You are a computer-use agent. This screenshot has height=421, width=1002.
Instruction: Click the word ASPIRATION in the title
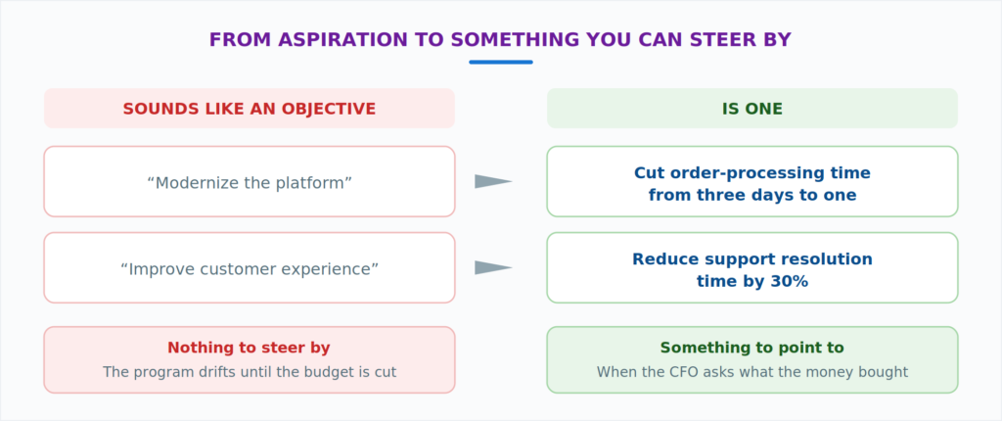343,40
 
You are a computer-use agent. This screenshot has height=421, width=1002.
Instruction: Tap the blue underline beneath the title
501,62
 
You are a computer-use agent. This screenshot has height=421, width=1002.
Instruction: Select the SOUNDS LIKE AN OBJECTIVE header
250,109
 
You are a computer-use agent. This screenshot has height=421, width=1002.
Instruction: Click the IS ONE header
752,109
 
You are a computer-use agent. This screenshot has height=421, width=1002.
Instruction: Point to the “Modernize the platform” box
250,182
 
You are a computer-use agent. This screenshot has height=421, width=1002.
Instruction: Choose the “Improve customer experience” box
250,267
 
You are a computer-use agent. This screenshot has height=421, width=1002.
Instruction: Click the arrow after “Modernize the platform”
493,182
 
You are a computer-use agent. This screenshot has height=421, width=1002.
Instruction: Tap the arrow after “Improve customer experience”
493,267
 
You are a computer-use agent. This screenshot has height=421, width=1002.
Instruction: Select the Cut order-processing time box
752,182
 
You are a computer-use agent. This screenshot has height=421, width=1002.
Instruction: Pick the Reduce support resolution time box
752,267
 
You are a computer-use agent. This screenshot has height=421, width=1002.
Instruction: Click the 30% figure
790,281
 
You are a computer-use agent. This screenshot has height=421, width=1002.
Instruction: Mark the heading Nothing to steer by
250,349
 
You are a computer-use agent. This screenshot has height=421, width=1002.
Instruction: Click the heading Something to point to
752,349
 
